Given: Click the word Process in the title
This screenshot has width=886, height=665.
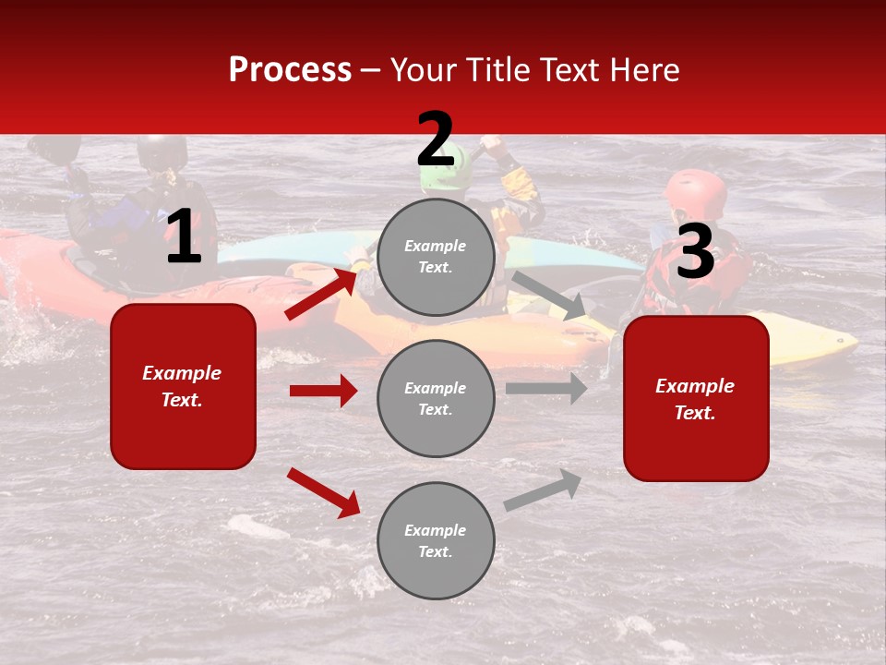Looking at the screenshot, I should (290, 70).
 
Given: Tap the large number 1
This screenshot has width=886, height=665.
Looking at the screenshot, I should (184, 237).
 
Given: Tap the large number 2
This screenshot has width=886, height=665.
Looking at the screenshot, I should (436, 140).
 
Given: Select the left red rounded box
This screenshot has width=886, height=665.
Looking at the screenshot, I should (183, 386).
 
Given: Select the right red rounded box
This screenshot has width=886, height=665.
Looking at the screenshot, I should (696, 398).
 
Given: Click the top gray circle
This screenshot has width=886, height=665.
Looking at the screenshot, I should (436, 257).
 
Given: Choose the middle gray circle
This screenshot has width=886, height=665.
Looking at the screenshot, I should (436, 398).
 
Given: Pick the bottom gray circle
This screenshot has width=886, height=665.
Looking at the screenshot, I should (436, 540).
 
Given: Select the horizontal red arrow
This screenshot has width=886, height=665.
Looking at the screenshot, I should (323, 391).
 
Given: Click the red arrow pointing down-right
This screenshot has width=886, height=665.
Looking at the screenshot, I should (323, 492).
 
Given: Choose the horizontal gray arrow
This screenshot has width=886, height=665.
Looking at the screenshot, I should (546, 388).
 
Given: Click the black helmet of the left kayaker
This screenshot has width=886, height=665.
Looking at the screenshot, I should (162, 151).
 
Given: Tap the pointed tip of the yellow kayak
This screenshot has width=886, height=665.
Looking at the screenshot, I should (851, 342).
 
